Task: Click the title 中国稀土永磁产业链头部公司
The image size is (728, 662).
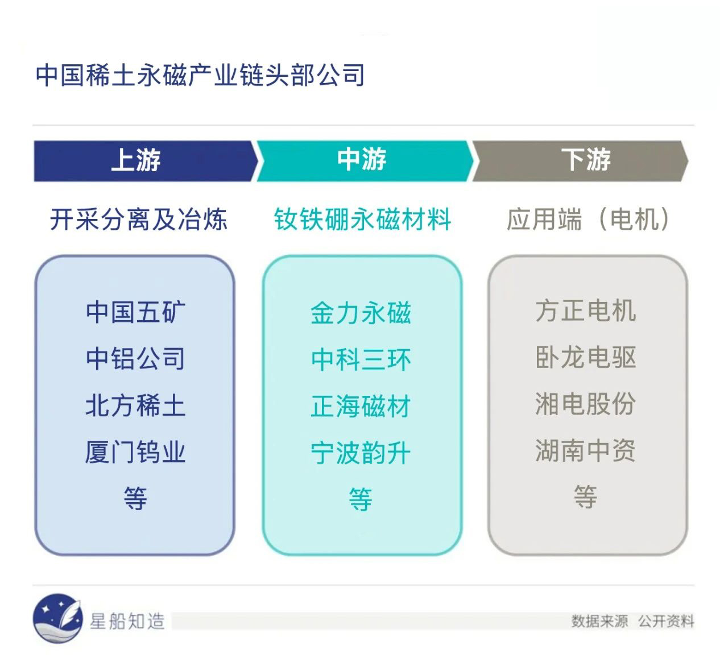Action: (200, 75)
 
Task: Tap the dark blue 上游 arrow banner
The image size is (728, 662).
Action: (146, 161)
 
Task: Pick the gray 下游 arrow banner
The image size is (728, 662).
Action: (580, 161)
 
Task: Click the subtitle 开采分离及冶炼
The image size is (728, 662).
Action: (139, 219)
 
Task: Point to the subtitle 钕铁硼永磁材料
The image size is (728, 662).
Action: (362, 219)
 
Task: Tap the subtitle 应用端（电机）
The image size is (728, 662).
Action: (588, 219)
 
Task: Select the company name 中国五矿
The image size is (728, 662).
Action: (135, 312)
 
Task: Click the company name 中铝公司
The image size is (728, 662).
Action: (135, 358)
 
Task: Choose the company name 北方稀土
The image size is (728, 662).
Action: (135, 406)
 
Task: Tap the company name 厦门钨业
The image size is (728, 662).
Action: (135, 452)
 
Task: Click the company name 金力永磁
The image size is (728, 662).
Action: (361, 313)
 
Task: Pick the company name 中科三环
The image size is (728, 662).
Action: (361, 359)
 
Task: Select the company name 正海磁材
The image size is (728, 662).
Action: (361, 406)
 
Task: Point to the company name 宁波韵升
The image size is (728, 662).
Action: (361, 453)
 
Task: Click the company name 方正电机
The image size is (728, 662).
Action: (586, 311)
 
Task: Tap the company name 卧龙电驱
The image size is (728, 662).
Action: (586, 357)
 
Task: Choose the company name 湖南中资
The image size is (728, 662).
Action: (585, 450)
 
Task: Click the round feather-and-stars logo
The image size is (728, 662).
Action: (57, 618)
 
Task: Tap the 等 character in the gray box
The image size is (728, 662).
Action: (585, 496)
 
